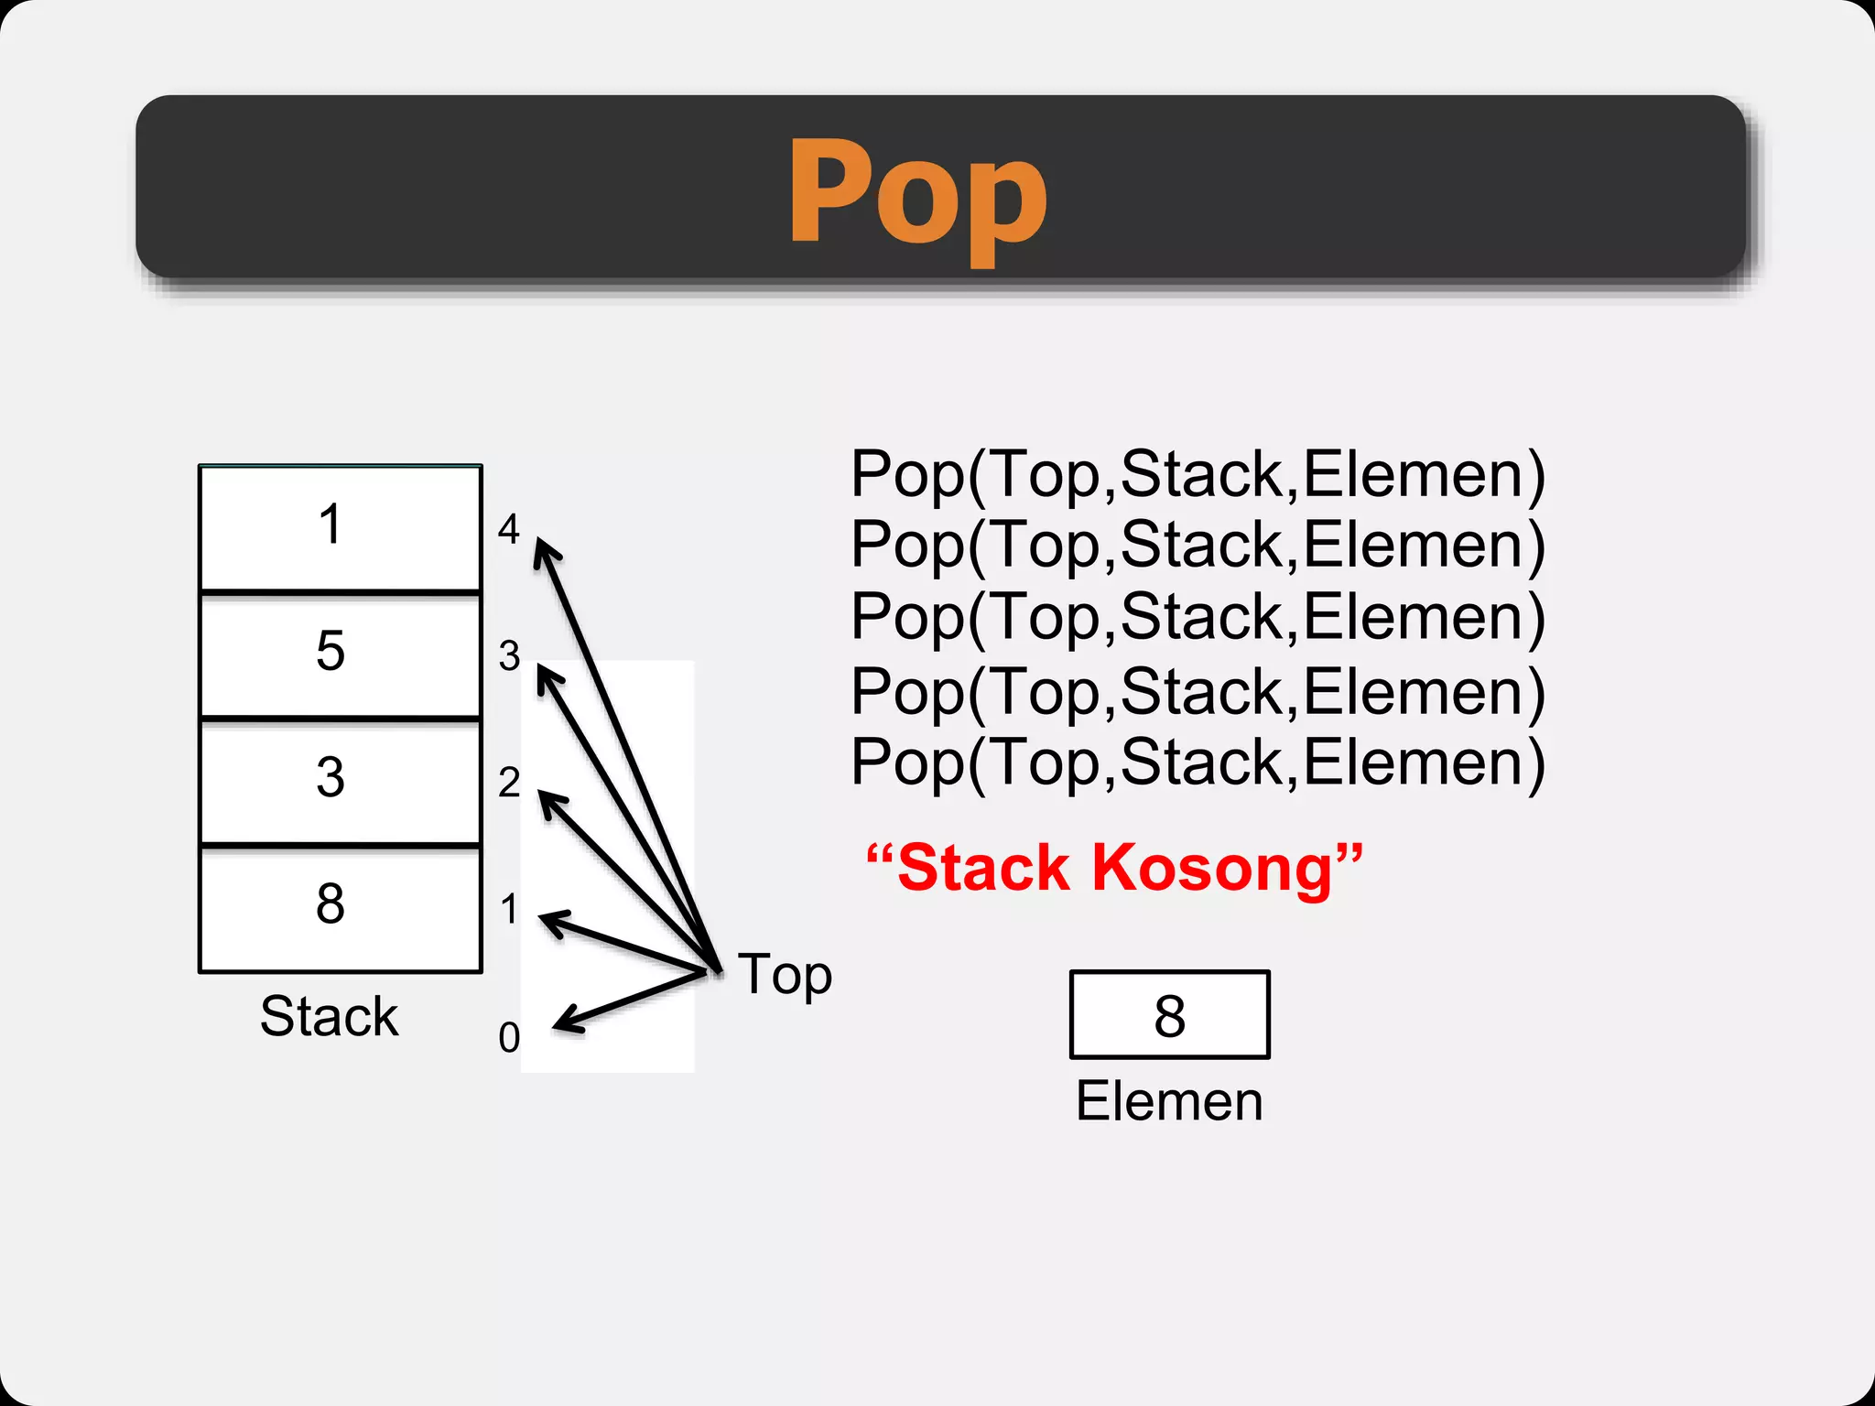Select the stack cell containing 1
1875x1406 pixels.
pyautogui.click(x=340, y=528)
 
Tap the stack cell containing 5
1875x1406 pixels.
pyautogui.click(x=340, y=654)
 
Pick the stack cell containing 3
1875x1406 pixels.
pyautogui.click(x=340, y=780)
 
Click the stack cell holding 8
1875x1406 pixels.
pyautogui.click(x=340, y=906)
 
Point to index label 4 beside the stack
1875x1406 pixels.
pyautogui.click(x=508, y=529)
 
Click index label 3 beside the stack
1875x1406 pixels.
pyautogui.click(x=509, y=656)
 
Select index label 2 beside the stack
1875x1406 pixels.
pyautogui.click(x=509, y=783)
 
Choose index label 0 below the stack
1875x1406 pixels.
pyautogui.click(x=509, y=1038)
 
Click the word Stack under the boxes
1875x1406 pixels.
pyautogui.click(x=329, y=1016)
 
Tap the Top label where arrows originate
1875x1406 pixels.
pyautogui.click(x=786, y=975)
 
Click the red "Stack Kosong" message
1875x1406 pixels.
pyautogui.click(x=1113, y=868)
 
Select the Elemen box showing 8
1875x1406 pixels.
pyautogui.click(x=1169, y=1015)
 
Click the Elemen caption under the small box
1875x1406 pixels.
pyautogui.click(x=1169, y=1101)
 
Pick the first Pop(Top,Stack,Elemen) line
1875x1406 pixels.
pyautogui.click(x=1198, y=475)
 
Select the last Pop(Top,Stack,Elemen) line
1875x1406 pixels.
pyautogui.click(x=1198, y=762)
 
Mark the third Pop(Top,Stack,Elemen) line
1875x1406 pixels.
pyautogui.click(x=1198, y=617)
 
